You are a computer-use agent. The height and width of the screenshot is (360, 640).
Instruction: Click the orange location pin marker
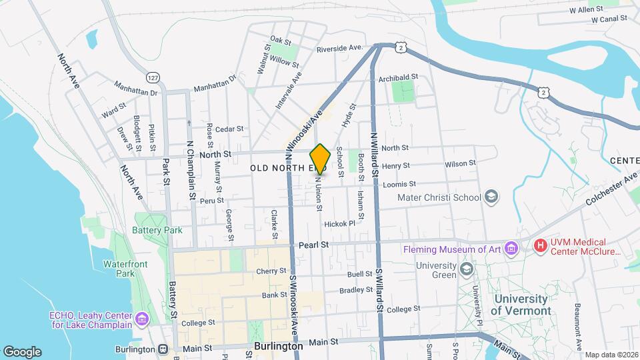[x=321, y=159]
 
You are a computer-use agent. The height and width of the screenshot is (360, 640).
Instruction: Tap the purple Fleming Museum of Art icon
[x=511, y=249]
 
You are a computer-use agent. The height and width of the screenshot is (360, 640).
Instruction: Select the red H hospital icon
[x=540, y=246]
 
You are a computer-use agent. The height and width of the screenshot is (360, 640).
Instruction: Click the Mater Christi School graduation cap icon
[x=491, y=197]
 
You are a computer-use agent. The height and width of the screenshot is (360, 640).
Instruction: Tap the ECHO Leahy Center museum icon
[x=141, y=319]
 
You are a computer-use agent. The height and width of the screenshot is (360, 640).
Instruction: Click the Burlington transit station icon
[x=163, y=349]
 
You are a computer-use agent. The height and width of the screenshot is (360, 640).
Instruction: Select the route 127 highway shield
[x=153, y=77]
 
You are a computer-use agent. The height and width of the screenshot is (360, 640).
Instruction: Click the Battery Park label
[x=157, y=230]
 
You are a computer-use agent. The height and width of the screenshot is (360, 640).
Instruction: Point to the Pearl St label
[x=314, y=245]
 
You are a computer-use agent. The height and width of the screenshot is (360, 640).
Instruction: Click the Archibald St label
[x=397, y=78]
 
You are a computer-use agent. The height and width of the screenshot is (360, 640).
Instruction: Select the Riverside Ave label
[x=339, y=48]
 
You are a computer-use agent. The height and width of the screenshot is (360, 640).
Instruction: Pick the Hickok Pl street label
[x=340, y=224]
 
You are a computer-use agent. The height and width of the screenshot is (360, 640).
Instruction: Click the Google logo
[x=22, y=351]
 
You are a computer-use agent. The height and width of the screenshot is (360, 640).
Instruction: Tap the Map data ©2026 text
[x=611, y=355]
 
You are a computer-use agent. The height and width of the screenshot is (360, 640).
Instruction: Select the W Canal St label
[x=614, y=20]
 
